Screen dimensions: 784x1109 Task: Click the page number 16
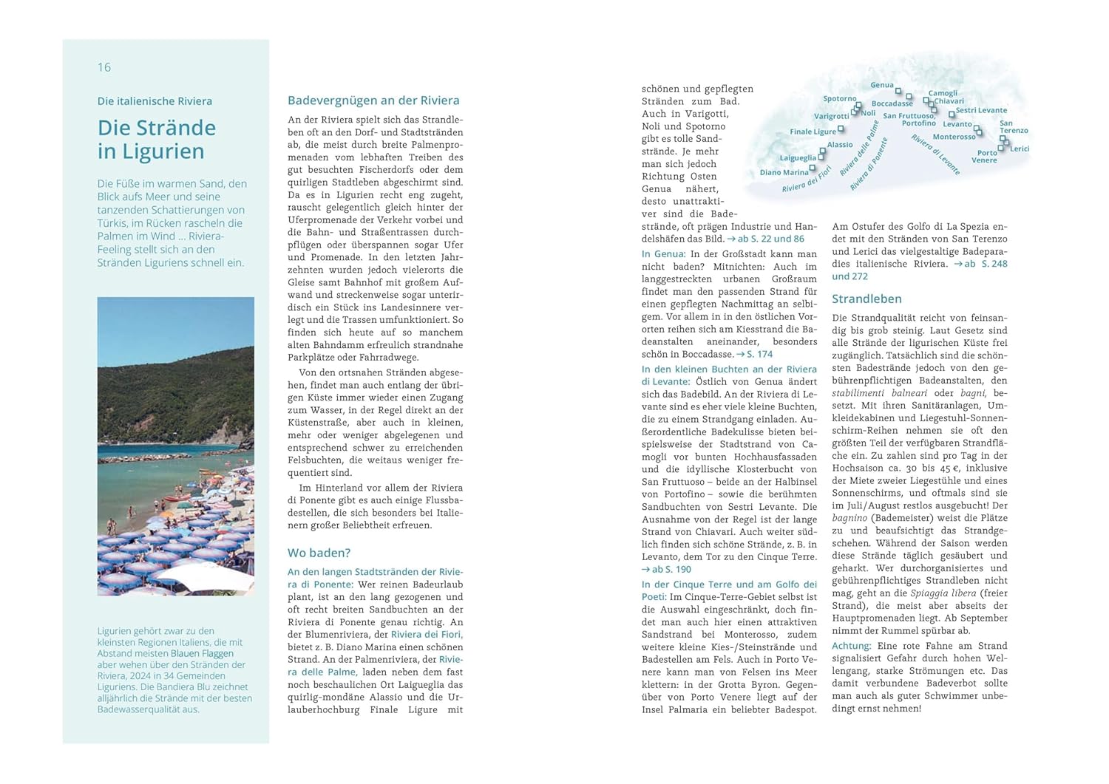[x=104, y=67]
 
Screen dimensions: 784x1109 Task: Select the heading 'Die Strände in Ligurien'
[x=157, y=140]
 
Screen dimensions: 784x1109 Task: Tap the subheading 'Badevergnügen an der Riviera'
[x=373, y=100]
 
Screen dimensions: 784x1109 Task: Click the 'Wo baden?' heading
[x=319, y=553]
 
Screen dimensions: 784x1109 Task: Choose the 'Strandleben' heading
[x=866, y=299]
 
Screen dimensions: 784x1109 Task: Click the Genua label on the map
[x=882, y=85]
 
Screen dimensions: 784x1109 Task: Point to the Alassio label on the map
[x=840, y=145]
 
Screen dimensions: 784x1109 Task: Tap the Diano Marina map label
[x=784, y=172]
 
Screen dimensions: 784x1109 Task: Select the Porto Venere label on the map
[x=985, y=157]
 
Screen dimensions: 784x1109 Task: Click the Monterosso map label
[x=954, y=137]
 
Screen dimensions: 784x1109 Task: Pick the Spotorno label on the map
[x=840, y=98]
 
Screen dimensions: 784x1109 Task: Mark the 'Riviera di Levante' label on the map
[x=935, y=154]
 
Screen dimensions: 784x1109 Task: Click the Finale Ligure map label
[x=813, y=132]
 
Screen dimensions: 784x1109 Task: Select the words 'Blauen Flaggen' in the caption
[x=202, y=653]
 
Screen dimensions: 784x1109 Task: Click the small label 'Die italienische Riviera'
[x=155, y=101]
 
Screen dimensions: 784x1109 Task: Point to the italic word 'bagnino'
[x=849, y=518]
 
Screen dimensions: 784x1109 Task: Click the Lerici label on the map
[x=1020, y=149]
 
